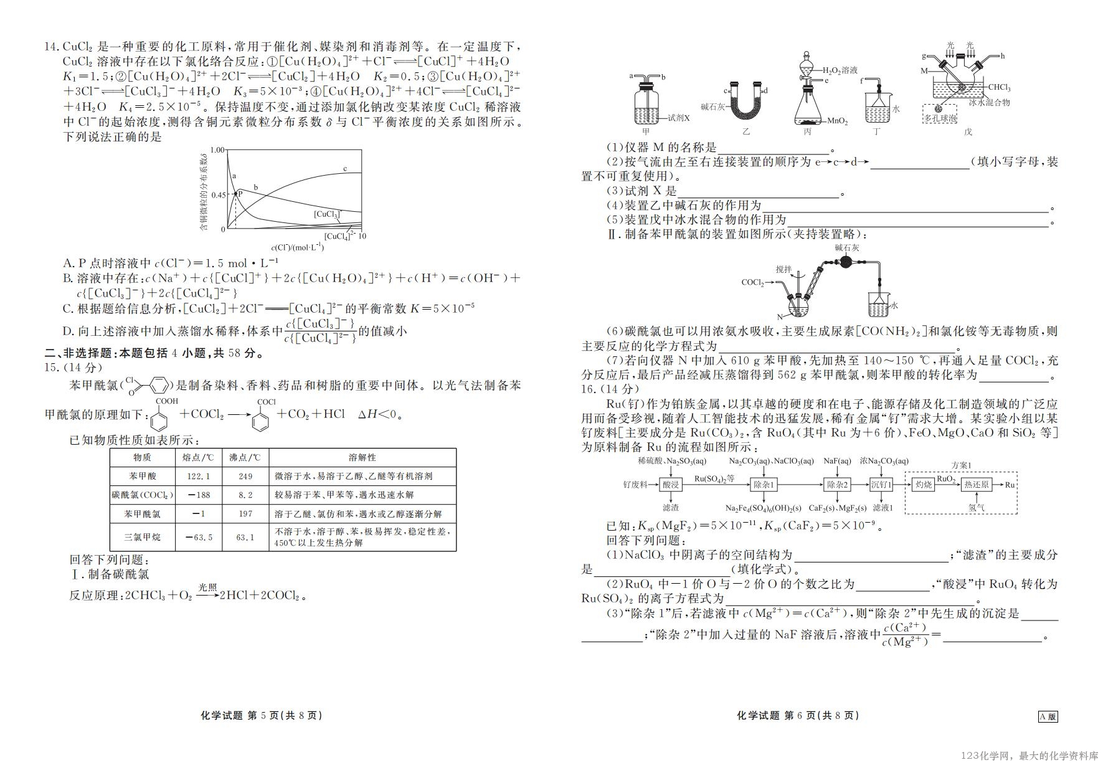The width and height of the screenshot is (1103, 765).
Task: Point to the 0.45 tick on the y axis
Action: pyautogui.click(x=218, y=195)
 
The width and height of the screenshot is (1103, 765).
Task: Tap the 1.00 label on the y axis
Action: pyautogui.click(x=217, y=150)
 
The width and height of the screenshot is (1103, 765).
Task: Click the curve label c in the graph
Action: pyautogui.click(x=345, y=169)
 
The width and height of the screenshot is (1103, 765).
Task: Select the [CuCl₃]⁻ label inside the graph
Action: pyautogui.click(x=328, y=214)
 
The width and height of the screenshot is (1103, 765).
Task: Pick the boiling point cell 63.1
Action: pyautogui.click(x=245, y=537)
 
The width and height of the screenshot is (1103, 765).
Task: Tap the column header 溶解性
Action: pyautogui.click(x=362, y=457)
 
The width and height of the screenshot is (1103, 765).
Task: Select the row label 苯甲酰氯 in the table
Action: pyautogui.click(x=143, y=514)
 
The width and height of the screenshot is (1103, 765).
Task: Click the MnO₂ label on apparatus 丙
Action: pyautogui.click(x=838, y=121)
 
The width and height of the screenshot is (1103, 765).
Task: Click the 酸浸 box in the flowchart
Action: pyautogui.click(x=671, y=485)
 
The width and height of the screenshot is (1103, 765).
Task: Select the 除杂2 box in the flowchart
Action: pyautogui.click(x=838, y=485)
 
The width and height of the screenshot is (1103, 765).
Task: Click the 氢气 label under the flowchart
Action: pyautogui.click(x=977, y=508)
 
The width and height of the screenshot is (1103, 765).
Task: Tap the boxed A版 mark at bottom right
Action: pyautogui.click(x=1048, y=716)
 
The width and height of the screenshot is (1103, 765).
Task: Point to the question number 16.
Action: pyautogui.click(x=589, y=389)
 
